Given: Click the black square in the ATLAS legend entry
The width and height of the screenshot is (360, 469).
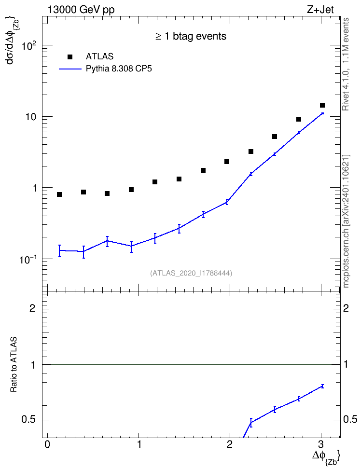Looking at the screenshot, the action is pyautogui.click(x=70, y=56).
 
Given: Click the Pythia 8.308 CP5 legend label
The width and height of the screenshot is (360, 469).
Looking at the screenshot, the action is pyautogui.click(x=119, y=69).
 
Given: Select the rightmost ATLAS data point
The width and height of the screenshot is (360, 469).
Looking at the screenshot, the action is pyautogui.click(x=322, y=105).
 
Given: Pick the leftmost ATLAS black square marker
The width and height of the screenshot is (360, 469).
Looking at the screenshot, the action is pyautogui.click(x=59, y=194).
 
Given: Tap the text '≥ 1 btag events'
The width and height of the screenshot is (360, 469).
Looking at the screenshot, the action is pyautogui.click(x=191, y=36).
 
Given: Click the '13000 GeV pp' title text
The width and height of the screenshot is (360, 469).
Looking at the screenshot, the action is pyautogui.click(x=81, y=10).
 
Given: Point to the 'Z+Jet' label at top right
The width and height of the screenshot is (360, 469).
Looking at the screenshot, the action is pyautogui.click(x=320, y=10).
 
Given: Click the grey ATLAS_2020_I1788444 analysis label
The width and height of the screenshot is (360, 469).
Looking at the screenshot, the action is pyautogui.click(x=191, y=273).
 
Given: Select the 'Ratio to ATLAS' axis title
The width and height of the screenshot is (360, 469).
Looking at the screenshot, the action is pyautogui.click(x=14, y=364).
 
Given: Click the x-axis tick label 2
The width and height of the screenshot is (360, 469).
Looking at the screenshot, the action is pyautogui.click(x=230, y=444).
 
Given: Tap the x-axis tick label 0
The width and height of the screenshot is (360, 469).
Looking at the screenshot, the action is pyautogui.click(x=47, y=444).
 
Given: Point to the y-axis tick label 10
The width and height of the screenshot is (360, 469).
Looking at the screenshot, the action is pyautogui.click(x=30, y=117).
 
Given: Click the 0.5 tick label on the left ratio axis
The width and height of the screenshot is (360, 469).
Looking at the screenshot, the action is pyautogui.click(x=29, y=420).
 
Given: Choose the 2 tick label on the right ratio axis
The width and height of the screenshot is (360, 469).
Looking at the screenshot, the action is pyautogui.click(x=346, y=308).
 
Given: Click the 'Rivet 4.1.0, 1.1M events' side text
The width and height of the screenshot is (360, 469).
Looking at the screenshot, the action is pyautogui.click(x=346, y=64).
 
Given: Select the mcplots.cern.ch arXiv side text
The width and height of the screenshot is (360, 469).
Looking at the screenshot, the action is pyautogui.click(x=346, y=221).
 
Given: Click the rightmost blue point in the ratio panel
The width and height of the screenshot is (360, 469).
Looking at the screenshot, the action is pyautogui.click(x=322, y=386).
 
